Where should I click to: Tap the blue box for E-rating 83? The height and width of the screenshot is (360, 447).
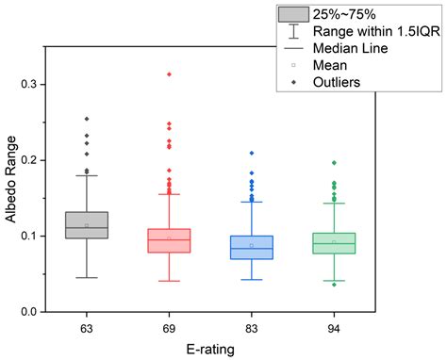click(252, 247)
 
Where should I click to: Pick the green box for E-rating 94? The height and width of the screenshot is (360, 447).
click(334, 243)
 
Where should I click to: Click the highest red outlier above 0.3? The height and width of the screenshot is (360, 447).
click(169, 74)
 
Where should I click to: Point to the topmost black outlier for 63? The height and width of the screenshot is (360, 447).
click(87, 119)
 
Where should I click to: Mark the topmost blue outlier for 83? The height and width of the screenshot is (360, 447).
click(252, 153)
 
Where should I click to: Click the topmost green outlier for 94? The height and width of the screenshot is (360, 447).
click(334, 163)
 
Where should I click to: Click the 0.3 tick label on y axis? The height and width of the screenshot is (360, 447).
click(35, 85)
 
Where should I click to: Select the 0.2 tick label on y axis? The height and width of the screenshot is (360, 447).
click(35, 160)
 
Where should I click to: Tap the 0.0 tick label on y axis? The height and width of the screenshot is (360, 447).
click(35, 312)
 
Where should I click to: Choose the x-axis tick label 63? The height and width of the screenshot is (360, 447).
click(87, 327)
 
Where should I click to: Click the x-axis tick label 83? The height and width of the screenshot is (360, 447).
click(252, 327)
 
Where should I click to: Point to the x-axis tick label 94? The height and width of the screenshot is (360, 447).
click(334, 327)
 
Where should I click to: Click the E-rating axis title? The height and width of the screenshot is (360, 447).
click(209, 348)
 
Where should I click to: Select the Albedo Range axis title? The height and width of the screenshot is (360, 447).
click(10, 198)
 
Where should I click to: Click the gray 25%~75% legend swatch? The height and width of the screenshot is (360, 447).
click(292, 14)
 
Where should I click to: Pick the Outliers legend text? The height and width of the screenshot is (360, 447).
click(343, 82)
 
